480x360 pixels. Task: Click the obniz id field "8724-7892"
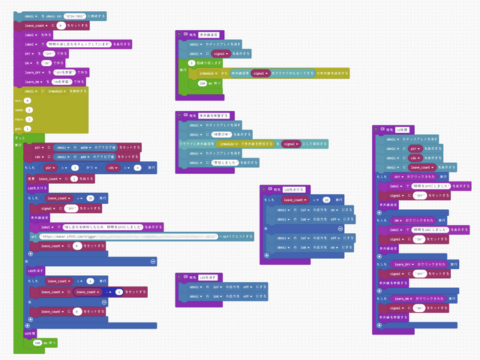click(73, 15)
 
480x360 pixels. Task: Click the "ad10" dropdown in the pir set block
click(85, 147)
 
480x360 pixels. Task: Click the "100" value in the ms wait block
click(201, 83)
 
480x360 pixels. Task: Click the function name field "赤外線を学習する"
click(214, 115)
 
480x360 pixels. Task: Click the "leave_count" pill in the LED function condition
click(295, 200)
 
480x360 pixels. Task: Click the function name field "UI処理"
click(401, 130)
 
